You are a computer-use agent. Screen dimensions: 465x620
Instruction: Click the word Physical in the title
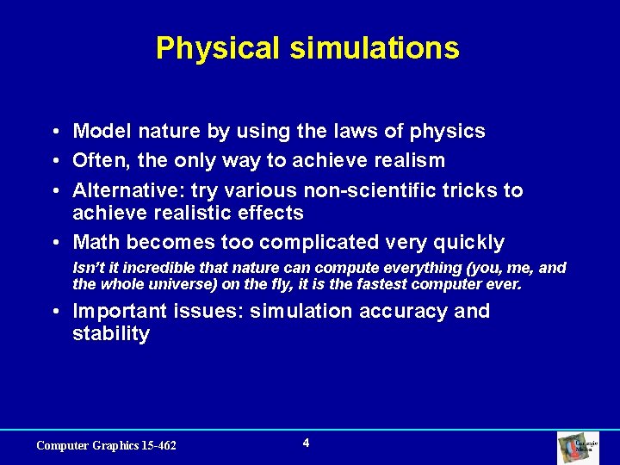(x=218, y=48)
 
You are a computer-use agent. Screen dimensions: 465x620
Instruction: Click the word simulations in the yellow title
(x=375, y=48)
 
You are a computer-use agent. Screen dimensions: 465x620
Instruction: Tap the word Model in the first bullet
(x=99, y=132)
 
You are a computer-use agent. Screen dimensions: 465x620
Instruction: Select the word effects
(x=273, y=213)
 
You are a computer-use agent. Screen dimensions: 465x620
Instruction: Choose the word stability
(x=111, y=334)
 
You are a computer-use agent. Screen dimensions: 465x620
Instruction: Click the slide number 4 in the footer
(x=307, y=443)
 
